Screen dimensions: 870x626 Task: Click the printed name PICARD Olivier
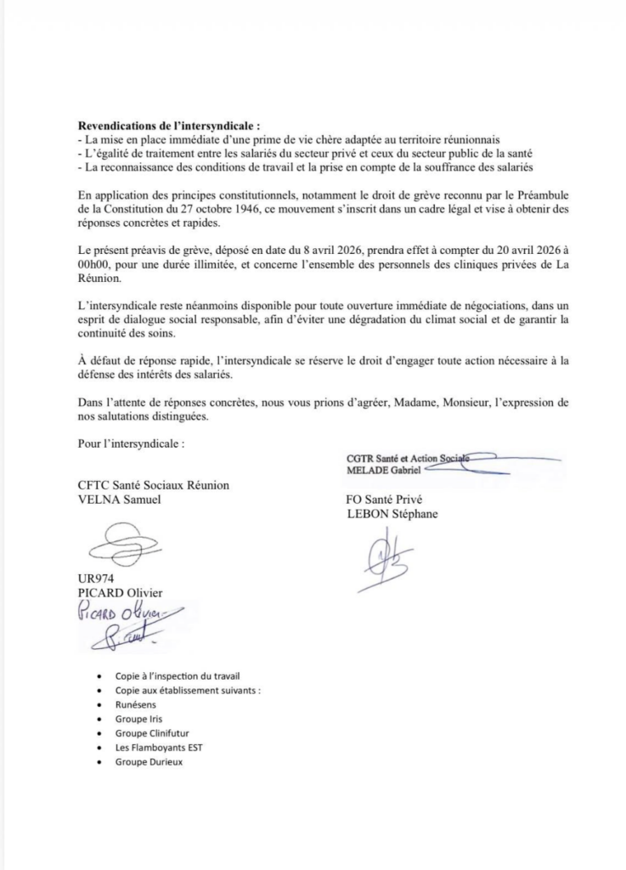(120, 592)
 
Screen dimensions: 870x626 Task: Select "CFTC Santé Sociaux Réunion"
(153, 485)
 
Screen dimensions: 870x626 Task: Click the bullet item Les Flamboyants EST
(160, 748)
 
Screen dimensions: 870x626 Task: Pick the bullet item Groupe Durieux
(149, 762)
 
